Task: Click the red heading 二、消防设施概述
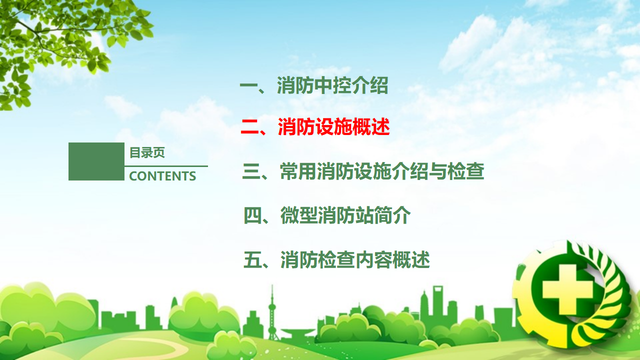coord(315,126)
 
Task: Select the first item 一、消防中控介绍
coord(314,85)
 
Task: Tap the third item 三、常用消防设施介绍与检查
coord(363,171)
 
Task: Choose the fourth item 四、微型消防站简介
coord(327,215)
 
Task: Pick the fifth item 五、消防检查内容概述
coord(336,259)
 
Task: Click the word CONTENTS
coord(162,176)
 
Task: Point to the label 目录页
coord(147,152)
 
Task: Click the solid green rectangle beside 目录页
coord(96,161)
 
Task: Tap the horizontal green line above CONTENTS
coord(166,166)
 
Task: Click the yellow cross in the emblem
coord(567,289)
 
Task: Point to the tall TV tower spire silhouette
coord(272,311)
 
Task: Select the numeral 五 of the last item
coord(252,259)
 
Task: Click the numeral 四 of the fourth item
coord(252,215)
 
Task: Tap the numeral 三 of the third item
coord(251,171)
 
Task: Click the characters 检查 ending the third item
coord(465,171)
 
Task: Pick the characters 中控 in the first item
coord(332,85)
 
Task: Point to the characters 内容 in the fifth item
coord(373,259)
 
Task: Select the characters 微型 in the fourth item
coord(298,215)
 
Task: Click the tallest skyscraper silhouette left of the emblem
coord(437,305)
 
